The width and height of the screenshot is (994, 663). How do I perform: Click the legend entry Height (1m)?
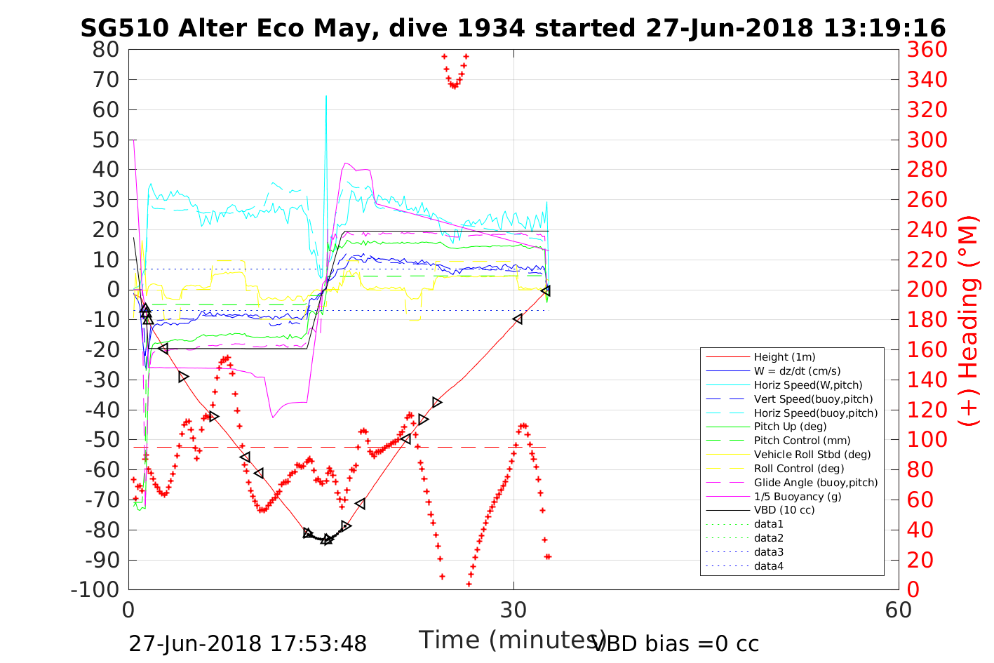point(784,357)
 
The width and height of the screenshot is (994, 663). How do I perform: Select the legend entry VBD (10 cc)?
point(784,510)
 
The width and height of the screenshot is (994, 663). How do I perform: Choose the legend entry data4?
point(768,566)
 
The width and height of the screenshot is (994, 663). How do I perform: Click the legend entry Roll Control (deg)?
point(799,468)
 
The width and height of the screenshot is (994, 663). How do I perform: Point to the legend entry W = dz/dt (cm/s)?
point(797,371)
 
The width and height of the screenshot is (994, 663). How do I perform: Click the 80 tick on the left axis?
point(106,50)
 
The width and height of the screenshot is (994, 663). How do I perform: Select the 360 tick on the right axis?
point(927,50)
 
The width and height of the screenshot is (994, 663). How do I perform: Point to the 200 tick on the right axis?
point(927,290)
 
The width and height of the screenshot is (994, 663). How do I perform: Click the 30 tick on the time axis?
point(513,610)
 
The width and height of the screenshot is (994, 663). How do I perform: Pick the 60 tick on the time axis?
point(898,610)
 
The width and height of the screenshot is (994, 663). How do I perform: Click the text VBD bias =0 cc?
point(676,643)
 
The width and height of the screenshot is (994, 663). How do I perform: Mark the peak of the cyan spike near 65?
point(326,96)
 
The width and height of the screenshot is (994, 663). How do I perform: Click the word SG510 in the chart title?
point(126,28)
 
